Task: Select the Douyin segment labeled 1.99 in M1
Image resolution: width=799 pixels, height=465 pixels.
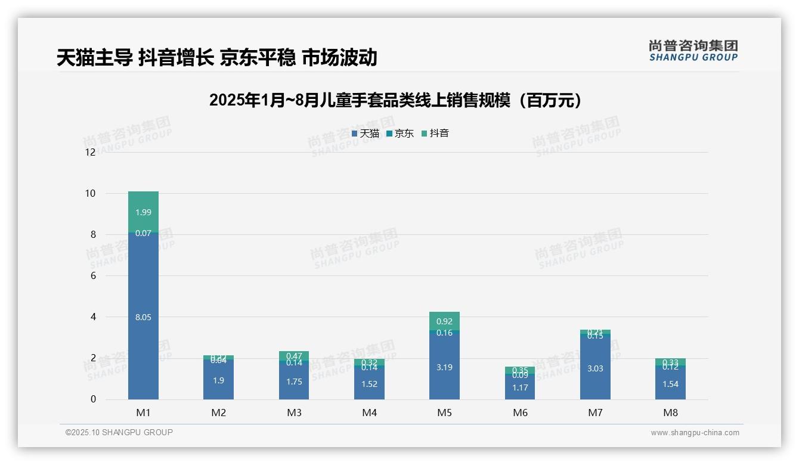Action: coord(143,212)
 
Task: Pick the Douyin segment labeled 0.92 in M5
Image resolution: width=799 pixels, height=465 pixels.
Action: coord(444,321)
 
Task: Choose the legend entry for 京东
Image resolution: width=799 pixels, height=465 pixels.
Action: coord(400,134)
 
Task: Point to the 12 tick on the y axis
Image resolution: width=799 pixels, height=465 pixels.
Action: coord(90,152)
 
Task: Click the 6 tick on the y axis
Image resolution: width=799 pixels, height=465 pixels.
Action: coord(92,275)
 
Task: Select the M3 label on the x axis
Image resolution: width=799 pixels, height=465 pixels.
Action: coord(294,413)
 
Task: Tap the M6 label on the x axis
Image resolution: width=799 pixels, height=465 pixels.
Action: coord(520,413)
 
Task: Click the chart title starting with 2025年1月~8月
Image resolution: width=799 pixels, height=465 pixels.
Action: coord(395,101)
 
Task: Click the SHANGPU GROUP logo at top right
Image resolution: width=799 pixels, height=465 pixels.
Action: coord(693,51)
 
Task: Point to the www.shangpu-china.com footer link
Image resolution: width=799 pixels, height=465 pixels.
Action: coord(695,433)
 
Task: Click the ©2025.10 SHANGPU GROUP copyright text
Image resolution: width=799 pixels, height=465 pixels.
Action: coord(119,432)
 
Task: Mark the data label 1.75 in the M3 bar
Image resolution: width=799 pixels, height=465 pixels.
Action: coord(294,382)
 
